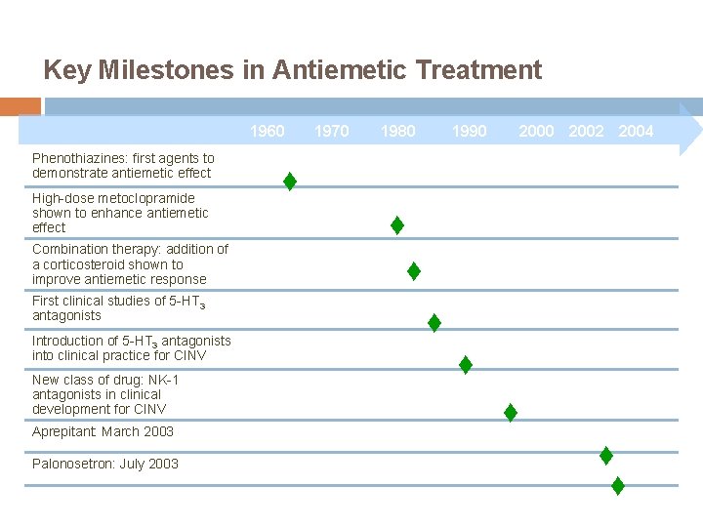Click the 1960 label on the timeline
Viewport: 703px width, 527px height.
pyautogui.click(x=268, y=131)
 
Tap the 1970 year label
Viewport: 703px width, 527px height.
pyautogui.click(x=332, y=131)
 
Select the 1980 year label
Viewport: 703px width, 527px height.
pyautogui.click(x=397, y=131)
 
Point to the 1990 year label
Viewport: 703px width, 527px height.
pyautogui.click(x=469, y=131)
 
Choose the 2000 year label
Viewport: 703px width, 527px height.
pyautogui.click(x=536, y=131)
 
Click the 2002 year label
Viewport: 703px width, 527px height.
pyautogui.click(x=586, y=131)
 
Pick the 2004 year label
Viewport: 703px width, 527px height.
pyautogui.click(x=636, y=131)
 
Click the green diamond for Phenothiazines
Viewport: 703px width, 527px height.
pyautogui.click(x=290, y=182)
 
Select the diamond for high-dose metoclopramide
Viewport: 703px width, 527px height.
pyautogui.click(x=397, y=225)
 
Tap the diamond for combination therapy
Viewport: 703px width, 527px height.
pyautogui.click(x=414, y=271)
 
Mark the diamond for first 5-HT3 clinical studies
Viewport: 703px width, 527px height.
pyautogui.click(x=434, y=322)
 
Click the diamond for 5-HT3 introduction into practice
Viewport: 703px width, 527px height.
pyautogui.click(x=466, y=365)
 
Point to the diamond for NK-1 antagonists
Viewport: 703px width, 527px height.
pyautogui.click(x=510, y=413)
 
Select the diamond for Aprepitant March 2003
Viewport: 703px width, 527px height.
pyautogui.click(x=605, y=455)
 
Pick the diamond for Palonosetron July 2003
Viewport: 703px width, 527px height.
pyautogui.click(x=617, y=485)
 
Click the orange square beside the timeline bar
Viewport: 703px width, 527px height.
pyautogui.click(x=21, y=105)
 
